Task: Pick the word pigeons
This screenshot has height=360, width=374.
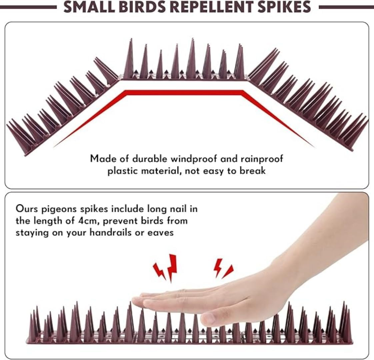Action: [59, 209]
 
